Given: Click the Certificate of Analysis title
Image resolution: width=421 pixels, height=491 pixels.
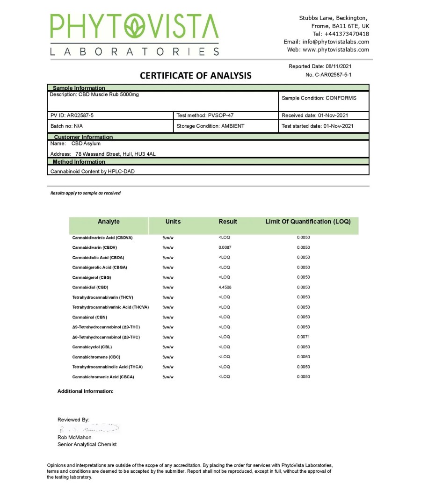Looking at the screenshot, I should pos(196,75).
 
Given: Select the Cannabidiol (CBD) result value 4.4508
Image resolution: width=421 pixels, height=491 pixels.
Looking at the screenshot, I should pos(225,287).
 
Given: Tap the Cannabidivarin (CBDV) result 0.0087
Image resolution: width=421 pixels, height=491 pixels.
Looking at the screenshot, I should pos(225,247).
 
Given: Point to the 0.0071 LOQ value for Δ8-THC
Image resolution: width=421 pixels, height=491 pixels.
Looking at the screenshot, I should pos(303,337).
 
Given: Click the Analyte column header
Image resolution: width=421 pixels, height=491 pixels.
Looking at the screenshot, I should pos(109,222).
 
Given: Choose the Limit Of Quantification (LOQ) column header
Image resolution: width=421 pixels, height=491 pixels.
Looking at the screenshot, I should pos(308,222).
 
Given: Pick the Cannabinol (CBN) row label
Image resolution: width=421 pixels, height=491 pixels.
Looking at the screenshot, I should pos(89,317).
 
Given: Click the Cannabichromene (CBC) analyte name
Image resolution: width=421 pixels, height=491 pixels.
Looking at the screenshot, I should pos(96,357).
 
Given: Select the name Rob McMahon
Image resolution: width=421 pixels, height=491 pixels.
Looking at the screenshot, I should pos(74,437).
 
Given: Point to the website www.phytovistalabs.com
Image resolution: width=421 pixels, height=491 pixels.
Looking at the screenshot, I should pos(335,50).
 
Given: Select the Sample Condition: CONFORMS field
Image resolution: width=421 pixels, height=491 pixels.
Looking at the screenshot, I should pos(319,98).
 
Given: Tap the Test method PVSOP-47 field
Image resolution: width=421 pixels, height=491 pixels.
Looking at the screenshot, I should pos(205,115).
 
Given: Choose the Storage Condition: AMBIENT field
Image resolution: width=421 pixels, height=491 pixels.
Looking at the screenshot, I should pos(210,126).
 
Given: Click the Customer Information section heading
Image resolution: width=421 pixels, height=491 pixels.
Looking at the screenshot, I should pos(83,137).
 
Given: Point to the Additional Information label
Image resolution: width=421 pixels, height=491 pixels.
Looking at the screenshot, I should pos(85,391).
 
